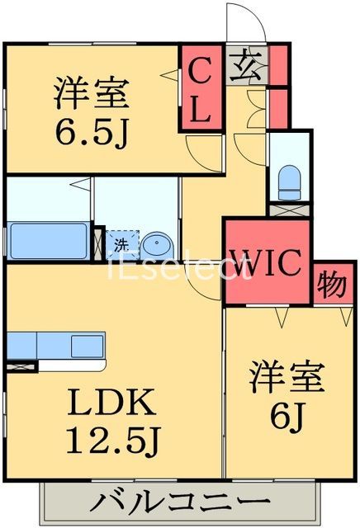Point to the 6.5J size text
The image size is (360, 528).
[92, 130]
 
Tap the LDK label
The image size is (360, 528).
[113, 403]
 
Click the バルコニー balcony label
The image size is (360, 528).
[180, 502]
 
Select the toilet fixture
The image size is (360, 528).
[290, 181]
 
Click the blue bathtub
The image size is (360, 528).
[47, 241]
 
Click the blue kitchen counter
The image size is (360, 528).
[56, 345]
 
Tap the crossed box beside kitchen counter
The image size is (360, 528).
[21, 363]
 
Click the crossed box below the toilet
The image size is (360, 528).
[290, 209]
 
